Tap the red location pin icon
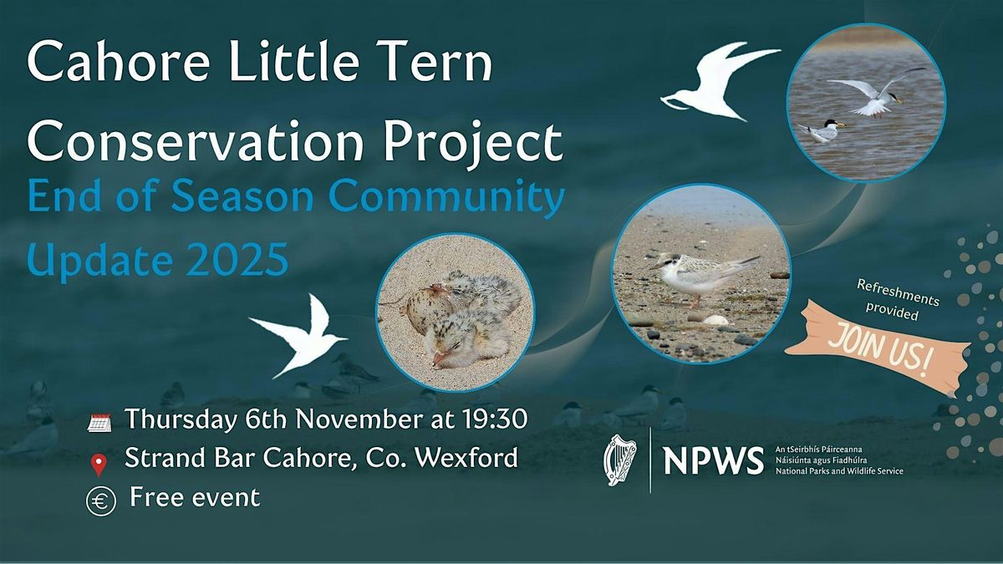tap(99, 462)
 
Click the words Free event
tap(195, 497)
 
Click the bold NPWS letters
tap(713, 460)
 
